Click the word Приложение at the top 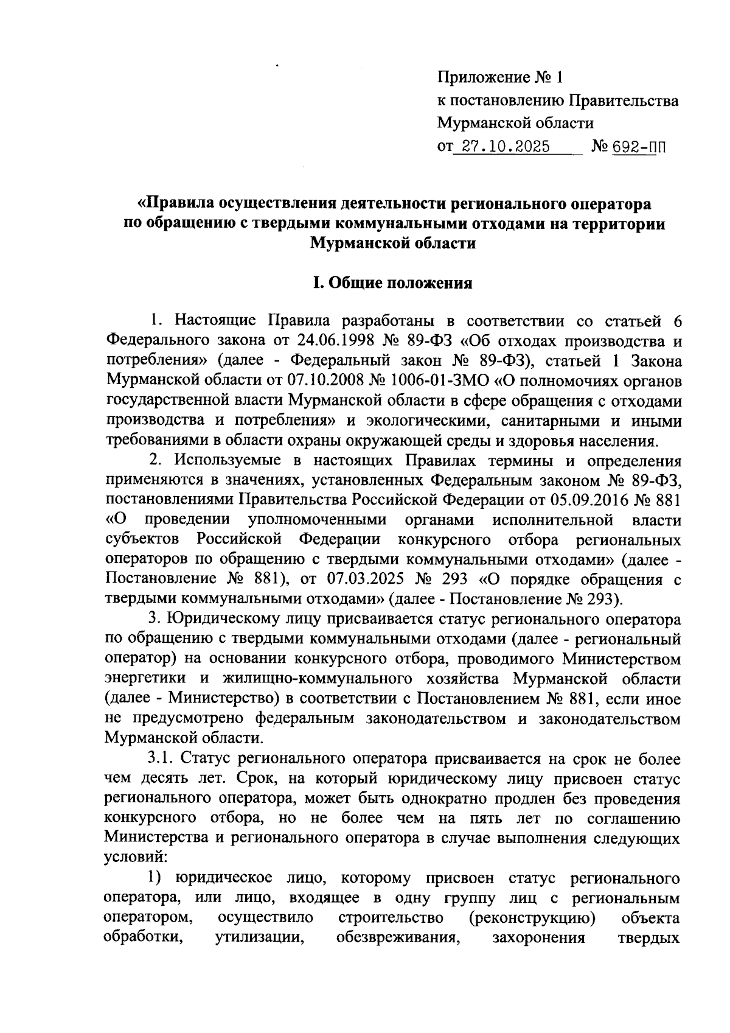(x=482, y=78)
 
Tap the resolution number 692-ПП (x=634, y=147)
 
